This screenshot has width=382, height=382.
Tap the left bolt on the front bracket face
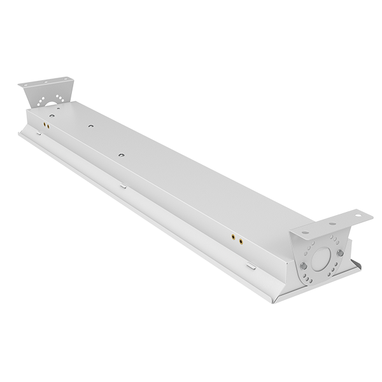304,265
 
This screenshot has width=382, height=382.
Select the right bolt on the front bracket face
340,253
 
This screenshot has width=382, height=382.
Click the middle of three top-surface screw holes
92,126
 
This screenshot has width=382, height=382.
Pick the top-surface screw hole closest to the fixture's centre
121,153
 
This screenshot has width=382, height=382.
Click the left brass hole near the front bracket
232,237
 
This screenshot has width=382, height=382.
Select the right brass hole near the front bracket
240,241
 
